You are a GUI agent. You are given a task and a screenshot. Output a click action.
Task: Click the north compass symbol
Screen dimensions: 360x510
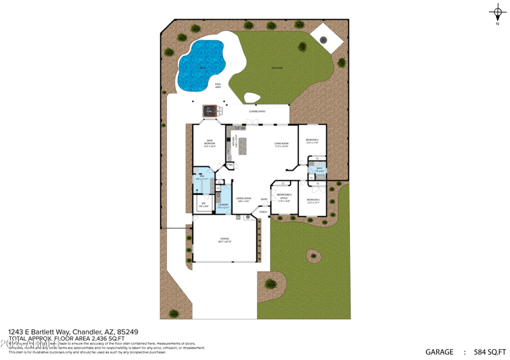(497, 12)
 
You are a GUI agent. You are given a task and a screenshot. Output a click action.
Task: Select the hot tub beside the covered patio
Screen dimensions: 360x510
(210, 111)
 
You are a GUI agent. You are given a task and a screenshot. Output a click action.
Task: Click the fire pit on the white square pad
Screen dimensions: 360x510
(323, 40)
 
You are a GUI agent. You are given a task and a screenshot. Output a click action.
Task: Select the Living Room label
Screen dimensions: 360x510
(282, 145)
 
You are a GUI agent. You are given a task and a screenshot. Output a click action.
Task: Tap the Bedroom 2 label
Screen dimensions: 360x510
(312, 140)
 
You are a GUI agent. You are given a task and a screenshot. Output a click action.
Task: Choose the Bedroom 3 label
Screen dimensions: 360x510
(312, 200)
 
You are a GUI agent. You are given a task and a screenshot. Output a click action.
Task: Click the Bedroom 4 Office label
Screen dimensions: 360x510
(284, 196)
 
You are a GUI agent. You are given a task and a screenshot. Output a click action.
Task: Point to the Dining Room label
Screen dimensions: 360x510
(244, 199)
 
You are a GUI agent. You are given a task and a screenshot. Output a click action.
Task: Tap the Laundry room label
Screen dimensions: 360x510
(222, 205)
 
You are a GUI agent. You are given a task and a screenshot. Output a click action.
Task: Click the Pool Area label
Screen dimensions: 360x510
(218, 85)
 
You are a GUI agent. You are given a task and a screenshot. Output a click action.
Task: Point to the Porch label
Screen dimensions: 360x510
(263, 212)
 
